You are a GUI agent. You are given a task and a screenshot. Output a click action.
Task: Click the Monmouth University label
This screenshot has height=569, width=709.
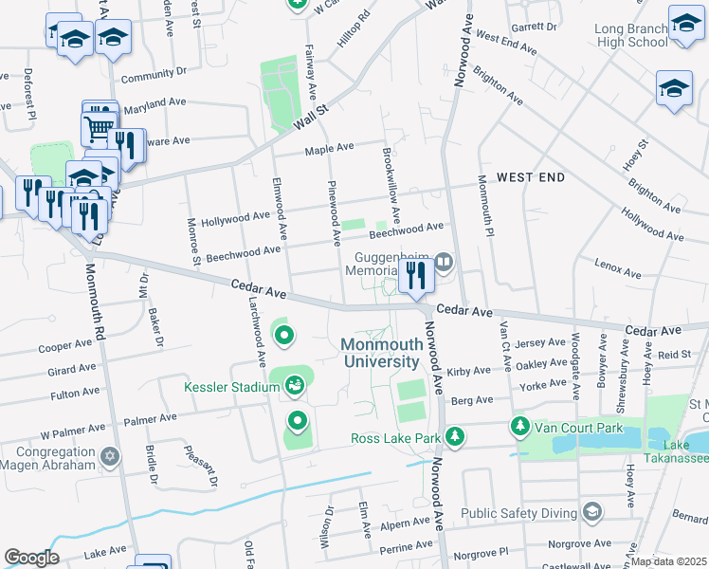[380, 354]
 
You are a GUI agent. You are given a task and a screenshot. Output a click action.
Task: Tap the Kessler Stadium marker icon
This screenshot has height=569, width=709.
[295, 385]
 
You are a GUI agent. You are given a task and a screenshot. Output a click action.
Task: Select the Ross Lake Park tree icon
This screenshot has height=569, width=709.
[457, 436]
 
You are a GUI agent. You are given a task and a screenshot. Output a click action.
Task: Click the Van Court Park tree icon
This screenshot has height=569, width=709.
[518, 427]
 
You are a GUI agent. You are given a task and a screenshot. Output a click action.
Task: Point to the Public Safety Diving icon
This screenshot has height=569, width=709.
[592, 513]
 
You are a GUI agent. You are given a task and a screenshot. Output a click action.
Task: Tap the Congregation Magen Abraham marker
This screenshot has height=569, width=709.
[110, 458]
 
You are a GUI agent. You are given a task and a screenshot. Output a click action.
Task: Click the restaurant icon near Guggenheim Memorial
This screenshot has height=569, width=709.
[415, 275]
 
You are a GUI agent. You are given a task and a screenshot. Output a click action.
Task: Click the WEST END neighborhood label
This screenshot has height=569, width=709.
[531, 177]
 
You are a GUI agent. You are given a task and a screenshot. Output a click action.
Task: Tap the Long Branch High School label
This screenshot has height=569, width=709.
[631, 35]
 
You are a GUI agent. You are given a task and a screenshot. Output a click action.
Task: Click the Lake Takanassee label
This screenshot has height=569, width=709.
[677, 451]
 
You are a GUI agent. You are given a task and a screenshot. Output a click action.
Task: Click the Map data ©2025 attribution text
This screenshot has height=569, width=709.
[668, 561]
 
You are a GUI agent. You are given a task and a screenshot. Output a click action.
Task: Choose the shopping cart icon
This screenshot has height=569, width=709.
[99, 125]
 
